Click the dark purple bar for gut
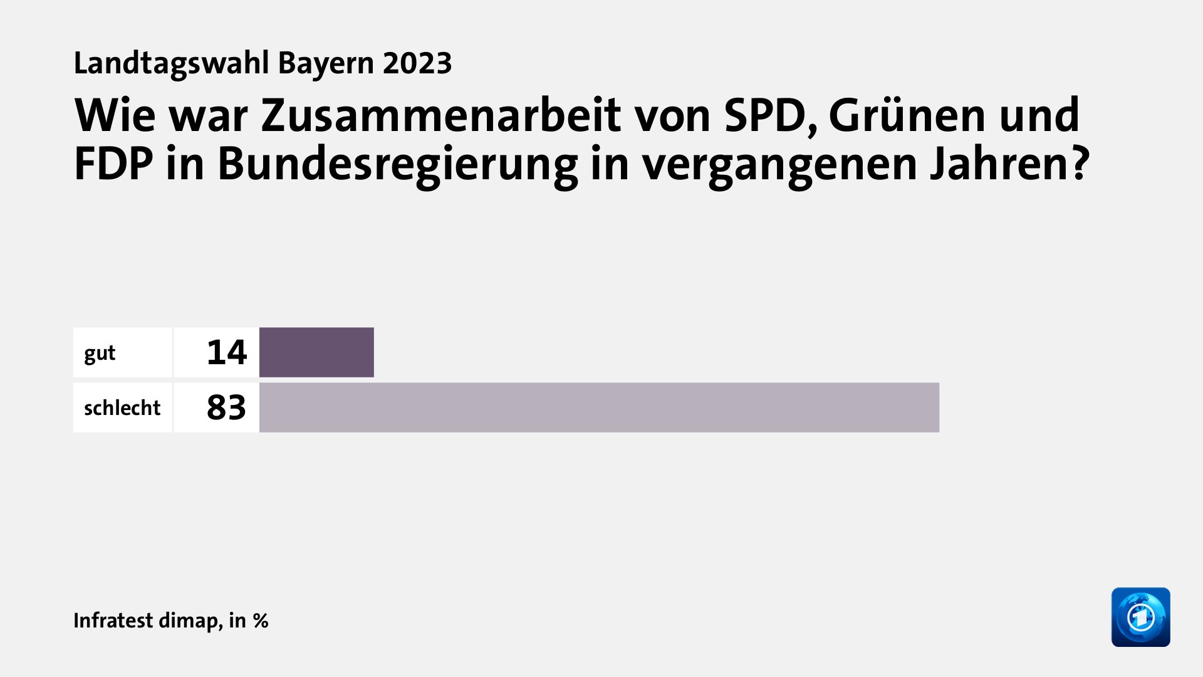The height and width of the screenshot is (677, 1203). (316, 352)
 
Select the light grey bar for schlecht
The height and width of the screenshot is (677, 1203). (599, 407)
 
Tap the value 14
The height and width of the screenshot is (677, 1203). (227, 352)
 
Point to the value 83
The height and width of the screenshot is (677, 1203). (226, 407)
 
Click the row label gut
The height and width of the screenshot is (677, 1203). (100, 354)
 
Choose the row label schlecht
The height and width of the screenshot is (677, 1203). (122, 408)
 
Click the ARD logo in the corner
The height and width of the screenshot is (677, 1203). (1140, 617)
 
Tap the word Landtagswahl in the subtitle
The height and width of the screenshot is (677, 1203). (171, 63)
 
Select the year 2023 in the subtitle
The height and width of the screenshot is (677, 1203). (417, 63)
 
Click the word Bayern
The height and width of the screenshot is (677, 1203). (326, 63)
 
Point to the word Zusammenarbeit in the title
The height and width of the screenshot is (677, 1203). (440, 115)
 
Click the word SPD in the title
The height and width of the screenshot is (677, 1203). (770, 115)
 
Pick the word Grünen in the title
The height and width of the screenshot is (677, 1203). (908, 115)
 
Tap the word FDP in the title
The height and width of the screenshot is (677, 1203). (113, 164)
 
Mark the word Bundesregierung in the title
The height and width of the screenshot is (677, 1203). (397, 164)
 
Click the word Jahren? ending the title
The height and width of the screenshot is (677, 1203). (1009, 164)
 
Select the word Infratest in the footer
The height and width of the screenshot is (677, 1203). (113, 621)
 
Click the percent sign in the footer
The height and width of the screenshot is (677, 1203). (261, 621)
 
